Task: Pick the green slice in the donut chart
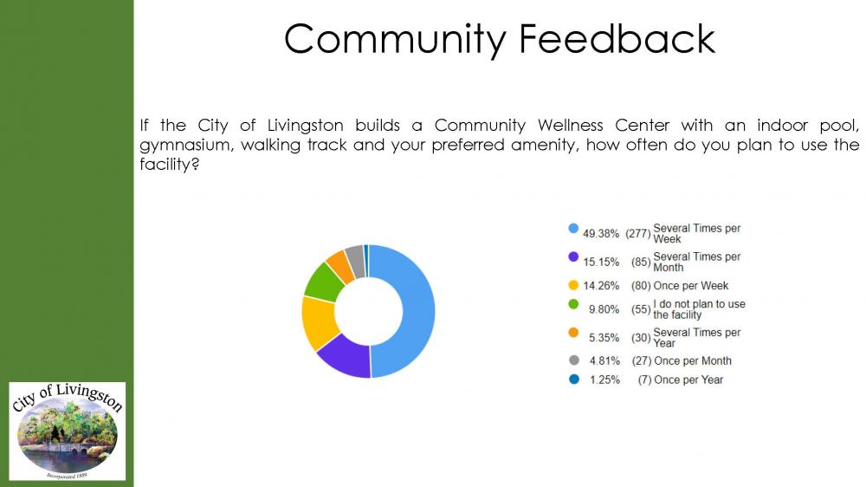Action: pos(324,280)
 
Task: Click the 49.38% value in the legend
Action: pos(601,233)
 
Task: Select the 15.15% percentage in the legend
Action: pos(601,262)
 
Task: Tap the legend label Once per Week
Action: pos(691,286)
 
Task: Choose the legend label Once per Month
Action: pos(693,360)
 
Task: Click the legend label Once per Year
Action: pos(688,380)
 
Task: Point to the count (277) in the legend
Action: pos(638,233)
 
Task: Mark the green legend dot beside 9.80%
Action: pos(573,304)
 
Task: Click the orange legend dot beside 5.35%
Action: pos(573,333)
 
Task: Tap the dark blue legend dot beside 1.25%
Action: pos(573,380)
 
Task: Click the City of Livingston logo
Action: pos(68,432)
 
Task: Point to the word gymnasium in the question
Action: pos(185,145)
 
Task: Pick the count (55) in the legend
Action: pos(641,309)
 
